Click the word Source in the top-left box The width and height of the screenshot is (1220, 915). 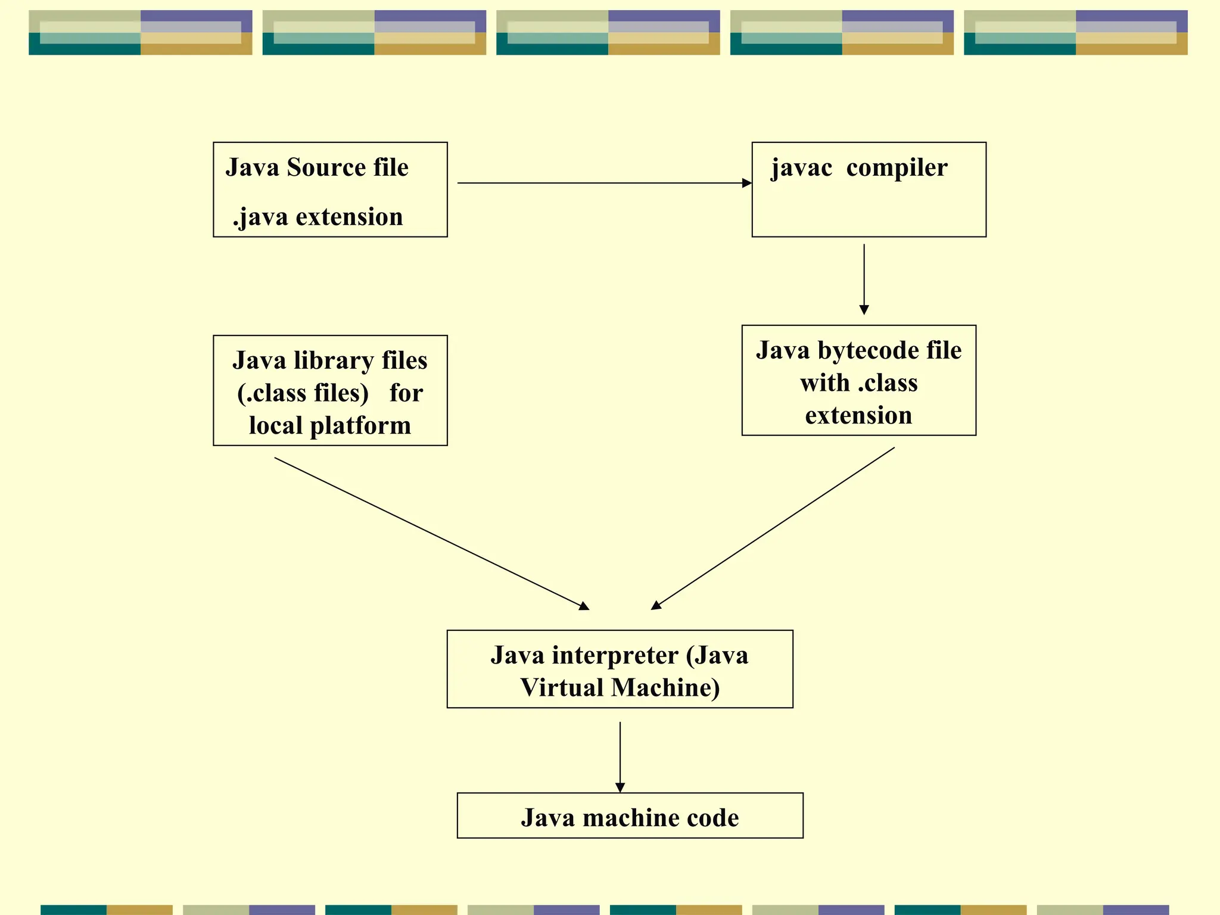pyautogui.click(x=326, y=167)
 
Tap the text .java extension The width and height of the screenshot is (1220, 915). pyautogui.click(x=318, y=217)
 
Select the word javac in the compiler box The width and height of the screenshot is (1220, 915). pyautogui.click(x=801, y=168)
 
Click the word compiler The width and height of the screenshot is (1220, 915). pyautogui.click(x=897, y=168)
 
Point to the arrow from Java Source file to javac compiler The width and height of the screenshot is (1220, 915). pyautogui.click(x=602, y=183)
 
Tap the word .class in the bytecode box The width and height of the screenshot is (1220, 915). pyautogui.click(x=888, y=383)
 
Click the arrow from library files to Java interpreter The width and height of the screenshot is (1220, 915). pyautogui.click(x=432, y=534)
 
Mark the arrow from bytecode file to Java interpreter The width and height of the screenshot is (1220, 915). pyautogui.click(x=773, y=528)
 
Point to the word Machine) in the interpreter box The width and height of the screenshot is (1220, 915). pyautogui.click(x=665, y=688)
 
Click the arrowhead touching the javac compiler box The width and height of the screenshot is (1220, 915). pyautogui.click(x=747, y=183)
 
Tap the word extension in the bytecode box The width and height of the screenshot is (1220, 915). pyautogui.click(x=858, y=416)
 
